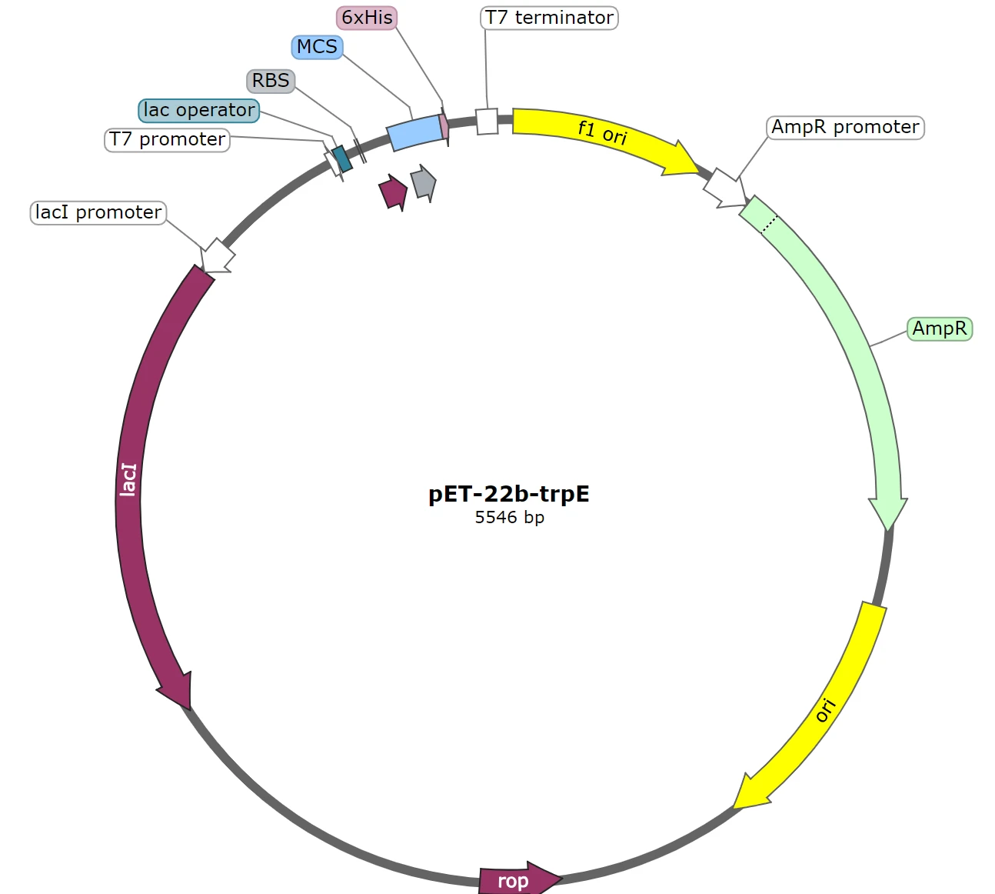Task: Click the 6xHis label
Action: (x=367, y=18)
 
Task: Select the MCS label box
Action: (x=317, y=47)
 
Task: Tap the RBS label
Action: (x=271, y=81)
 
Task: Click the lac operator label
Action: (x=199, y=110)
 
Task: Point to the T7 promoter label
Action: (x=167, y=139)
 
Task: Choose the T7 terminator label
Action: (x=549, y=18)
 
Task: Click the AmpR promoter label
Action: (x=845, y=127)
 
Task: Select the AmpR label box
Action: (x=939, y=329)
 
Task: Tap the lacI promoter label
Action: (x=98, y=212)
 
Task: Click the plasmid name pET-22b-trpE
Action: (x=508, y=494)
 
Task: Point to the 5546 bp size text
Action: (x=509, y=517)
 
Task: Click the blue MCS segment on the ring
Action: (x=414, y=132)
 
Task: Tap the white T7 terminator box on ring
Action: (x=487, y=121)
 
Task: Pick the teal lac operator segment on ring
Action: (x=342, y=158)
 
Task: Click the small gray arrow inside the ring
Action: (x=423, y=183)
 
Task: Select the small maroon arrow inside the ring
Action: (x=393, y=192)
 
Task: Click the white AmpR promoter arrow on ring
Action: (x=724, y=188)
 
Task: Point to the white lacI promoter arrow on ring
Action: (x=218, y=255)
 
